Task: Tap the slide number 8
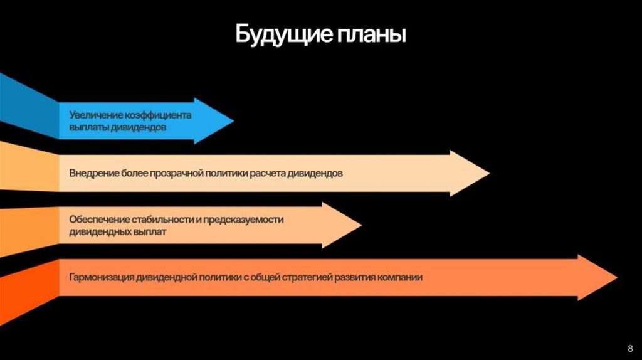click(x=629, y=348)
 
